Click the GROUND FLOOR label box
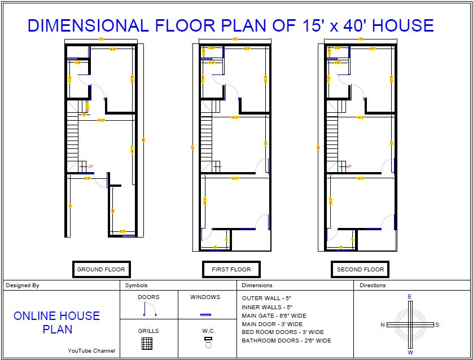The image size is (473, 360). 101,270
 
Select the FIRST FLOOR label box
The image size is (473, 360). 231,270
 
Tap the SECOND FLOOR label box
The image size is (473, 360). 360,270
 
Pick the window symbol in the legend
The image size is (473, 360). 205,314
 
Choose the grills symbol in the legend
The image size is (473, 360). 148,343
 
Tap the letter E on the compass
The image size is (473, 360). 410,296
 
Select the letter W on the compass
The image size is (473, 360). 410,353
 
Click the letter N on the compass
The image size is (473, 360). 382,325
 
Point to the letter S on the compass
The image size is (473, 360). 437,325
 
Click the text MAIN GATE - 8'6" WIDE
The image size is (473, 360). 274,315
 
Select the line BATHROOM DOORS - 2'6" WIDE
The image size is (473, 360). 286,341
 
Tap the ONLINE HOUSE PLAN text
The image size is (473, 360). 56,322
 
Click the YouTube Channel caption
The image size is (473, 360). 91,351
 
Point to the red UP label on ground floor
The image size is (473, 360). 90,166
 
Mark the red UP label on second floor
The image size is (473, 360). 348,166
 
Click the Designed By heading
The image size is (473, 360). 23,286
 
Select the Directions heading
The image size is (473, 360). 373,286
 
